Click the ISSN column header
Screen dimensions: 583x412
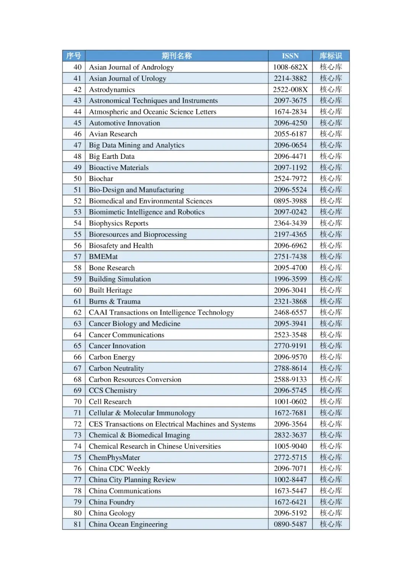pyautogui.click(x=290, y=56)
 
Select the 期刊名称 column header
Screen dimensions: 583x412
pyautogui.click(x=176, y=56)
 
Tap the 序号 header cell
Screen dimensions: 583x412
pyautogui.click(x=74, y=56)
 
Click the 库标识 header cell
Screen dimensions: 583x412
pyautogui.click(x=331, y=56)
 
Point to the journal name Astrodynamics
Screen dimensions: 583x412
pyautogui.click(x=112, y=89)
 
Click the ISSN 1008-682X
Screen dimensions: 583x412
pyautogui.click(x=290, y=67)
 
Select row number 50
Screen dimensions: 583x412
pyautogui.click(x=77, y=179)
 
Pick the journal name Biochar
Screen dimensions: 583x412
pyautogui.click(x=101, y=179)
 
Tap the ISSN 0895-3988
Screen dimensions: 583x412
pyautogui.click(x=290, y=201)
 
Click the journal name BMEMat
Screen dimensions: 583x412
pyautogui.click(x=103, y=257)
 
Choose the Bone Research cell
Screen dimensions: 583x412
pyautogui.click(x=112, y=268)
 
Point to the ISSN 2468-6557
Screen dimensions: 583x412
pyautogui.click(x=290, y=312)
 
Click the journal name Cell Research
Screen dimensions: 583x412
pyautogui.click(x=110, y=402)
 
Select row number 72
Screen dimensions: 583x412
pyautogui.click(x=77, y=424)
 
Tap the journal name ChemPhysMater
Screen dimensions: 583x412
pyautogui.click(x=114, y=457)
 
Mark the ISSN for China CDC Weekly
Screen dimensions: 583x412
pyautogui.click(x=290, y=468)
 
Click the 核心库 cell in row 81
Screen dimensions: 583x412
pyautogui.click(x=331, y=524)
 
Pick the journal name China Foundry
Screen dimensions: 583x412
pyautogui.click(x=112, y=502)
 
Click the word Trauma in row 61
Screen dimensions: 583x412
pyautogui.click(x=129, y=301)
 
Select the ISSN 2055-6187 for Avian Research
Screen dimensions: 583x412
pyautogui.click(x=290, y=134)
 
